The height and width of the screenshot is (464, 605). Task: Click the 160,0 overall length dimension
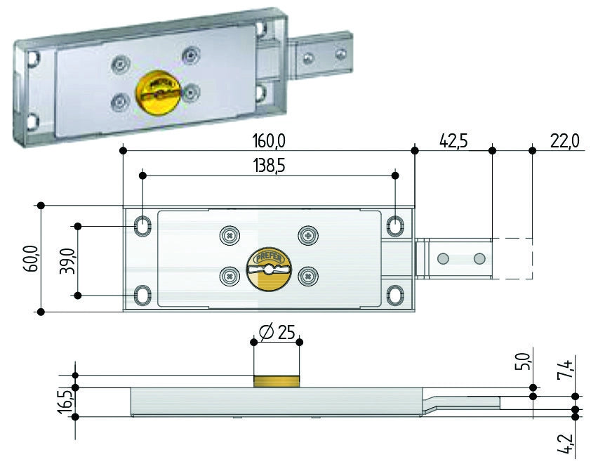pos(269,141)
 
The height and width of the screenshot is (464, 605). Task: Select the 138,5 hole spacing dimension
pos(269,166)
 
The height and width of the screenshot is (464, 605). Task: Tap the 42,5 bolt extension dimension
pos(453,141)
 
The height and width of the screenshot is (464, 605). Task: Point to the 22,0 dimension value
pos(564,141)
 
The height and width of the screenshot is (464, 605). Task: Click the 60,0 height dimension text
pos(32,258)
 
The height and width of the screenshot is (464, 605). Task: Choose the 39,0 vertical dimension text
pos(67,261)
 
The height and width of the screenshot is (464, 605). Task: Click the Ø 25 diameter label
pos(277,332)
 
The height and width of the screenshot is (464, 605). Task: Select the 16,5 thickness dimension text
pos(65,402)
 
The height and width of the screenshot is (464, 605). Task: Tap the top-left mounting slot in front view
pos(142,226)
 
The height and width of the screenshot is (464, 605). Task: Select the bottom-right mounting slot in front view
pos(395,295)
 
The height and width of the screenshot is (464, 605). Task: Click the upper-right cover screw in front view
pos(308,234)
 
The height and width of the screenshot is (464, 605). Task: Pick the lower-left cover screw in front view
pos(230,277)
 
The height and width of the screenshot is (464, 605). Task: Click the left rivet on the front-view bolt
pos(443,258)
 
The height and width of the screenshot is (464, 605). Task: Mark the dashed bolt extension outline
pos(512,258)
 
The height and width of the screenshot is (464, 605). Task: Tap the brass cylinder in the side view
pos(277,381)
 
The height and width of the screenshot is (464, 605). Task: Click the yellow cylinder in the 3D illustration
pos(158,93)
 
